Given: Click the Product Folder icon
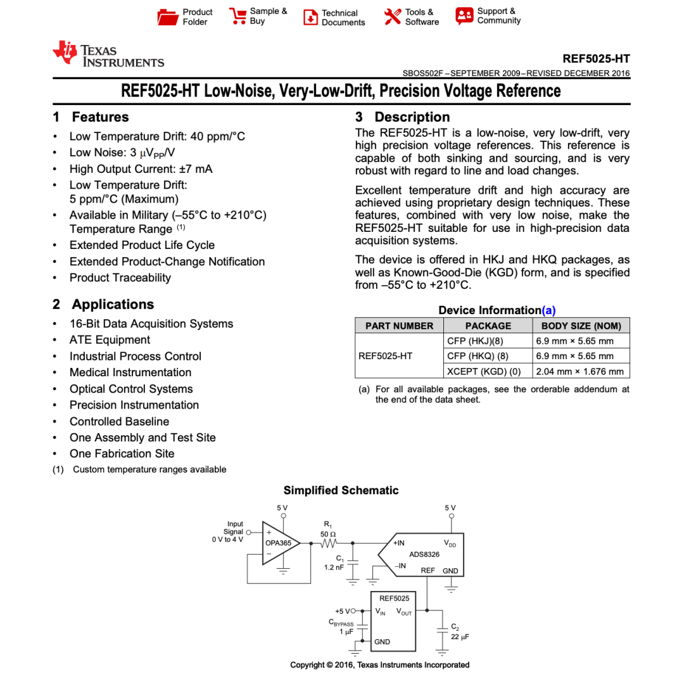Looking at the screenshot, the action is point(168,17).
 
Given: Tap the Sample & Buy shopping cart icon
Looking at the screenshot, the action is point(237,16).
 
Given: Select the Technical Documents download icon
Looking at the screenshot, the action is point(310,18).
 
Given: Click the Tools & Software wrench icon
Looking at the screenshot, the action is point(393,16).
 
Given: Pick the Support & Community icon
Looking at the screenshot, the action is point(464,16).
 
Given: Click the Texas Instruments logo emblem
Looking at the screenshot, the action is point(65,53).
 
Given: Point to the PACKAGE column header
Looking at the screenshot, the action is point(488,326).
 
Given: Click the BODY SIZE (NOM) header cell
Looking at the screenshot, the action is point(581,326).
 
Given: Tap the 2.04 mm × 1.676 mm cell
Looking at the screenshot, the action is point(581,371).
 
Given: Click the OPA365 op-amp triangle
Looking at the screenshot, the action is point(280,543).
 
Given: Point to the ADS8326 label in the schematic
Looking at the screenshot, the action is point(424,554).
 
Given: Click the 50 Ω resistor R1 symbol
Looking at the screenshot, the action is point(329,543).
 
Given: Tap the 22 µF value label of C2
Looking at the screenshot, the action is point(460,637).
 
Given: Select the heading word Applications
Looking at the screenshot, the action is point(113,304).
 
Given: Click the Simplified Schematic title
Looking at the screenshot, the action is point(341,490).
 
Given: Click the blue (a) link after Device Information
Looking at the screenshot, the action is point(548,310).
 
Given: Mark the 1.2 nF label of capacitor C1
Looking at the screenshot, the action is point(334,568).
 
